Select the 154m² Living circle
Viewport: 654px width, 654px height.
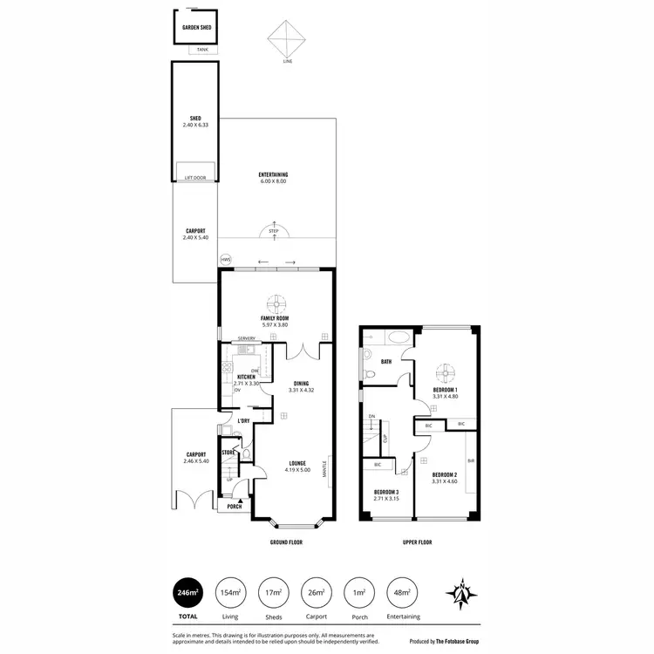click(x=231, y=592)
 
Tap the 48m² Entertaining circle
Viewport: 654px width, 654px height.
click(x=402, y=592)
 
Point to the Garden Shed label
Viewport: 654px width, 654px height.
click(x=197, y=28)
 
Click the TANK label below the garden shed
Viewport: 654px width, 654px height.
click(x=202, y=50)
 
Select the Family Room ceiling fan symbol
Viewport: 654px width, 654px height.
click(x=275, y=303)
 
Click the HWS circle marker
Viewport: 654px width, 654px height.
click(x=225, y=260)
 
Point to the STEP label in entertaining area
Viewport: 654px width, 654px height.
click(x=274, y=231)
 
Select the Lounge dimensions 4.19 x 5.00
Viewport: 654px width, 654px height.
click(x=297, y=470)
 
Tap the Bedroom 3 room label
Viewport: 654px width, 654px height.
click(x=385, y=493)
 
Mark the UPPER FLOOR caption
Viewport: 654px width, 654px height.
click(x=418, y=542)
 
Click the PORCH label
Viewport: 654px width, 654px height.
click(x=234, y=507)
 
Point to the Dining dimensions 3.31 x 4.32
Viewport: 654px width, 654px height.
click(x=301, y=390)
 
